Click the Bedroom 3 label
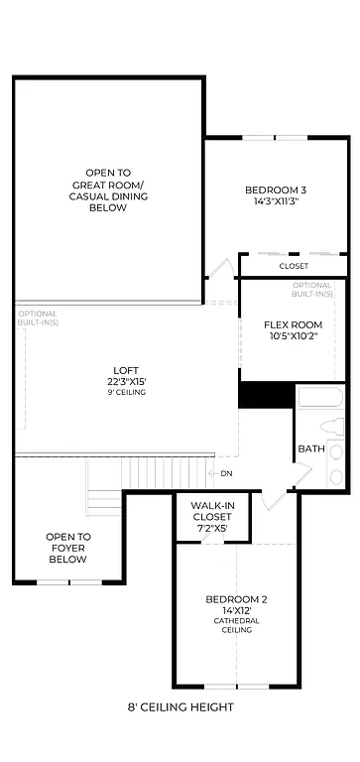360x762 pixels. [275, 190]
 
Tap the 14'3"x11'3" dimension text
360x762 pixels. [275, 201]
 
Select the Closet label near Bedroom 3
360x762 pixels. [293, 266]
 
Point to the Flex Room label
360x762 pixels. [294, 324]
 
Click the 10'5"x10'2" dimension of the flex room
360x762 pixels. [294, 336]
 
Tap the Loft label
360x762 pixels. [126, 369]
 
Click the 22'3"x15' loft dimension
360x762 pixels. [126, 381]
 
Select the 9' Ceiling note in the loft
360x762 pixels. [126, 393]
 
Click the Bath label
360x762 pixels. [311, 449]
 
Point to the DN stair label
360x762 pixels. [226, 473]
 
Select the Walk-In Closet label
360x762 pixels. [211, 511]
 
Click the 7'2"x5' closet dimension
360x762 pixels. [211, 529]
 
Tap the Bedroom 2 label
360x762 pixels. [236, 599]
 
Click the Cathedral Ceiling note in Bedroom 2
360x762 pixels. [236, 625]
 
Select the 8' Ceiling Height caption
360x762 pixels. [180, 707]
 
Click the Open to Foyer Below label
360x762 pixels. [68, 548]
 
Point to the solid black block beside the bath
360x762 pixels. [266, 394]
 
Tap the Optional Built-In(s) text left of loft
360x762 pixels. [38, 318]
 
